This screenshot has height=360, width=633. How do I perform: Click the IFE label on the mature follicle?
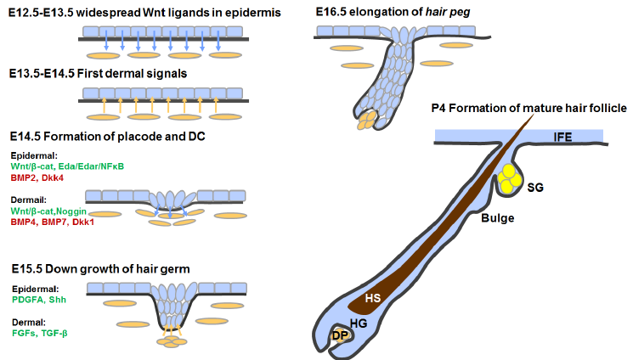coord(564,137)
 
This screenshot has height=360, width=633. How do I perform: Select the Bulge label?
coord(496,217)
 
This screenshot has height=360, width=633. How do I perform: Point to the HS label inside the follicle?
coord(373,298)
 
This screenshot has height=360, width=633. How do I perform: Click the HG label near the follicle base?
coord(357,322)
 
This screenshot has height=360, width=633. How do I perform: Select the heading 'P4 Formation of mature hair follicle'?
coord(528,108)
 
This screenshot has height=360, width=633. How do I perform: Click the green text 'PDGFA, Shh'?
coord(38,300)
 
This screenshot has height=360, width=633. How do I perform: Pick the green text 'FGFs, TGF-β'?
coord(40,333)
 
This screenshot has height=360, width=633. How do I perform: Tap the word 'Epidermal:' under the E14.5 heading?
coord(34,155)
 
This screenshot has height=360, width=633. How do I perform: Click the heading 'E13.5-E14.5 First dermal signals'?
coord(98,74)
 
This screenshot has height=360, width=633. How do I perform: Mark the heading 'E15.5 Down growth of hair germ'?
coord(100,268)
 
